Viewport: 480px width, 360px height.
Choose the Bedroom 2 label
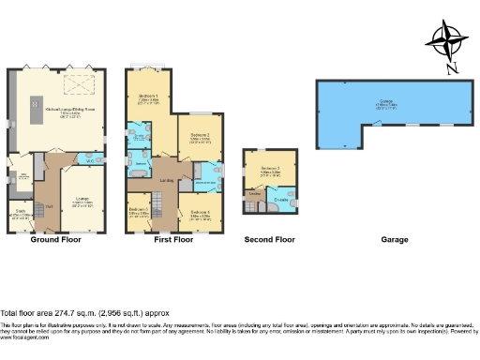click(200, 137)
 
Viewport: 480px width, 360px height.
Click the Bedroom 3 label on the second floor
click(269, 170)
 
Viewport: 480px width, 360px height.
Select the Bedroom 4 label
click(198, 213)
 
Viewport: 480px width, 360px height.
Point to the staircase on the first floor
click(157, 202)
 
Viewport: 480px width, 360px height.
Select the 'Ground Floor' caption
click(52, 240)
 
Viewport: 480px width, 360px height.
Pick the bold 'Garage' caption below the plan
click(394, 240)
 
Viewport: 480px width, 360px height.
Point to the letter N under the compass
click(452, 67)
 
